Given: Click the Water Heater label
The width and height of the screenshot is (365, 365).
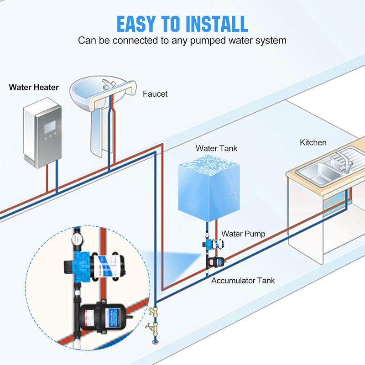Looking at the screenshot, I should [34, 87].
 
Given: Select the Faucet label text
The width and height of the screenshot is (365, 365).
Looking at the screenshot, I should [155, 94].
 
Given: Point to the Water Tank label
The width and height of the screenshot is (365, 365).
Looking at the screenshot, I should [216, 148].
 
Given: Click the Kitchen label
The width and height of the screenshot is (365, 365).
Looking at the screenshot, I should [313, 142].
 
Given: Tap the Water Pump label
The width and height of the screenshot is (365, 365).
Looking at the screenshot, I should [243, 234].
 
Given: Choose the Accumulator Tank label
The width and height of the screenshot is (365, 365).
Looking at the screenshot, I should [243, 281].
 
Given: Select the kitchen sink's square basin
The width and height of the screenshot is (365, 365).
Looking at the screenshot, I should [315, 174].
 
